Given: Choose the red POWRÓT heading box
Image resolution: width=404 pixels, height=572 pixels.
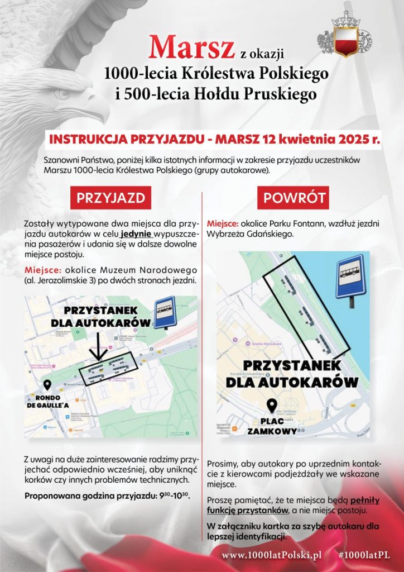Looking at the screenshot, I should click(292, 198).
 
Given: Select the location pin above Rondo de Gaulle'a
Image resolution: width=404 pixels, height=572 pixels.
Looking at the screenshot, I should click(47, 385).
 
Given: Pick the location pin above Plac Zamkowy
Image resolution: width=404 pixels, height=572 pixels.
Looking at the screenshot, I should click(272, 406).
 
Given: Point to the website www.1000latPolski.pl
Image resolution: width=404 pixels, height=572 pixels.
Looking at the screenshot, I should click(272, 555).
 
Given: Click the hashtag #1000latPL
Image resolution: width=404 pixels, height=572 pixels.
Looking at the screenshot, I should click(363, 555).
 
